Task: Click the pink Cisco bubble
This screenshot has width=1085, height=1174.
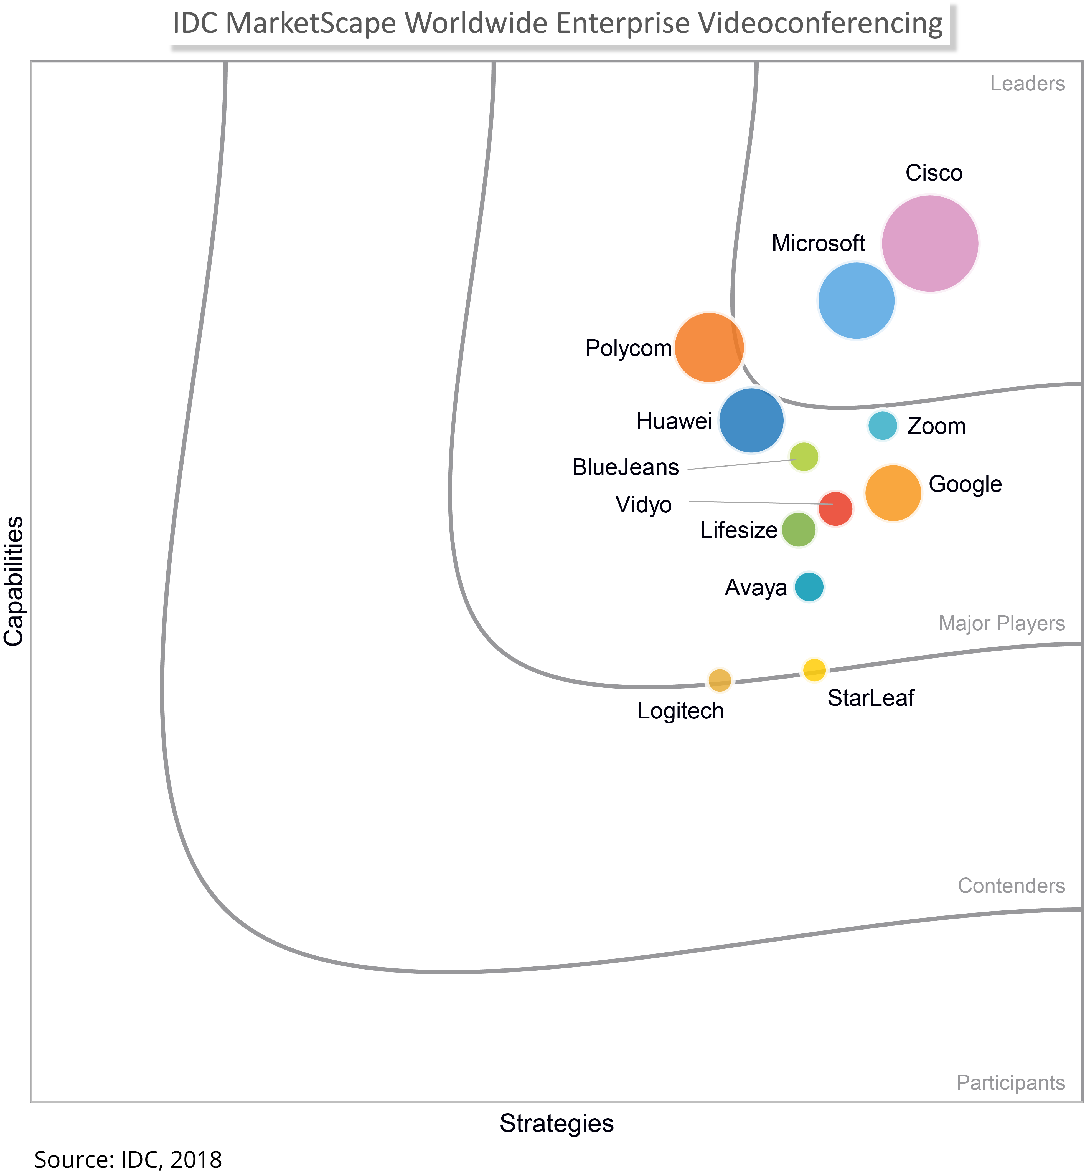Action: pyautogui.click(x=930, y=243)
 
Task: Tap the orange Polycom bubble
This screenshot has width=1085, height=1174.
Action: pyautogui.click(x=709, y=348)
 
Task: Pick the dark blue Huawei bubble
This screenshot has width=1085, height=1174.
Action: pyautogui.click(x=751, y=421)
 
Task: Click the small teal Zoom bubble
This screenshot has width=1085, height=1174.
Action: pyautogui.click(x=882, y=425)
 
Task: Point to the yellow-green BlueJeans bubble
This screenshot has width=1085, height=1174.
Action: pyautogui.click(x=803, y=456)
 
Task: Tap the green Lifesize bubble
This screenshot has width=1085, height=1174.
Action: pyautogui.click(x=799, y=530)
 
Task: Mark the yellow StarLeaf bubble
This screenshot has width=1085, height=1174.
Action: pyautogui.click(x=814, y=669)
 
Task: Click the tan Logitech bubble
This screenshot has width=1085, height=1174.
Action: pyautogui.click(x=720, y=680)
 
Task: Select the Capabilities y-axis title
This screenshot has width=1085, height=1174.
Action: pyautogui.click(x=14, y=581)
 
